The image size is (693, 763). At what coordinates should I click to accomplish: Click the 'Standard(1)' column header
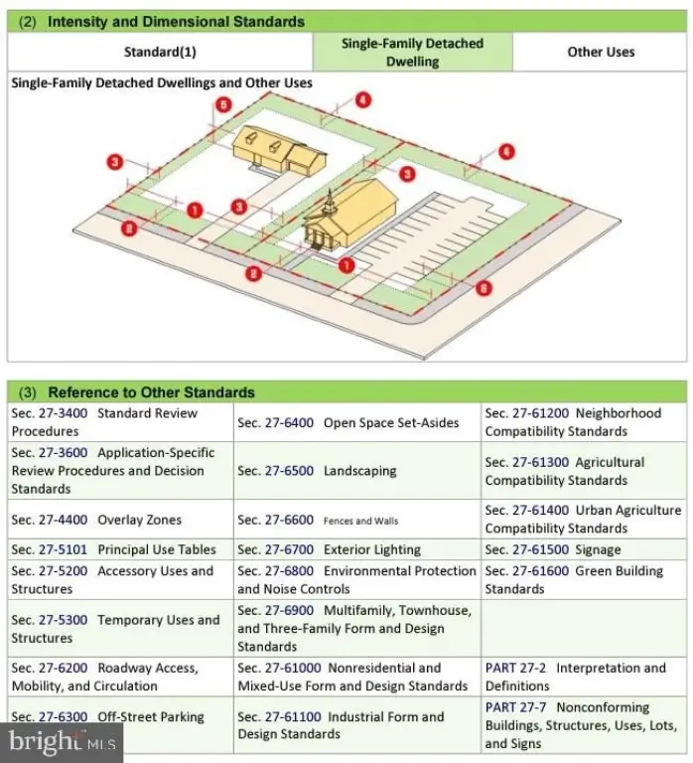click(x=159, y=52)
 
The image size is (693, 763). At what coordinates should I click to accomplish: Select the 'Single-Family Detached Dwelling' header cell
click(x=412, y=53)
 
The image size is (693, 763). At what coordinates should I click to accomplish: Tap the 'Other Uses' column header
click(x=601, y=52)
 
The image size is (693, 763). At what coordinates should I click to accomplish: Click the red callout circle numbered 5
click(x=224, y=104)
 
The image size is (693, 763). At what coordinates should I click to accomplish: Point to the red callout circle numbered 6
click(x=484, y=288)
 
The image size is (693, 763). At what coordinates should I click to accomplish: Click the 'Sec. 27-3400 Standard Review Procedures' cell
click(x=120, y=422)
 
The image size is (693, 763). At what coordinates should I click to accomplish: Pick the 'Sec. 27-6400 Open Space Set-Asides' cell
click(x=357, y=422)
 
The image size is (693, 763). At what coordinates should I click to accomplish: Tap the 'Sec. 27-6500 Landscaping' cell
click(x=357, y=471)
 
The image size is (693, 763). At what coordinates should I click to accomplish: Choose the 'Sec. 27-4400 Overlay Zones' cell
click(x=120, y=520)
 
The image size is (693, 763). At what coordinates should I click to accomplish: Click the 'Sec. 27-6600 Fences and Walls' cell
click(x=357, y=520)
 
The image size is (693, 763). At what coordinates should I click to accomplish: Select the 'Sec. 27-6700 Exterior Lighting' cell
click(x=357, y=549)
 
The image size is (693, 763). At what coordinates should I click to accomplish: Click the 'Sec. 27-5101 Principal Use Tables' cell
click(x=120, y=549)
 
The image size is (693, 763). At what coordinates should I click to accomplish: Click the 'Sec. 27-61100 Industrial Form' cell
click(x=357, y=725)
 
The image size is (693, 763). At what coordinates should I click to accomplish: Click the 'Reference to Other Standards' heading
click(x=151, y=391)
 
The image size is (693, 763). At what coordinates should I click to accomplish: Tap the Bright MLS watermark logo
click(x=62, y=740)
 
